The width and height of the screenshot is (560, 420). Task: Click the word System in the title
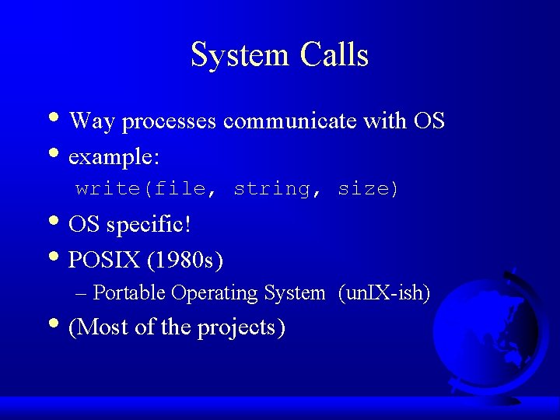238,55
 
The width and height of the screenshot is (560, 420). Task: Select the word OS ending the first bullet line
429,121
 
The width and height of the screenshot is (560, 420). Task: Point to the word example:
114,156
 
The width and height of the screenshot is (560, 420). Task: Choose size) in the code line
368,189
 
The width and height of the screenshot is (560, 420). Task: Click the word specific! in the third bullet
149,226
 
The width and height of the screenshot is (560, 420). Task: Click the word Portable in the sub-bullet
129,293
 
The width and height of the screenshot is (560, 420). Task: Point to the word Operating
215,293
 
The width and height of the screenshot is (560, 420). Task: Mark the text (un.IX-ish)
384,293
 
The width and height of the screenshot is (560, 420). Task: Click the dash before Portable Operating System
82,293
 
